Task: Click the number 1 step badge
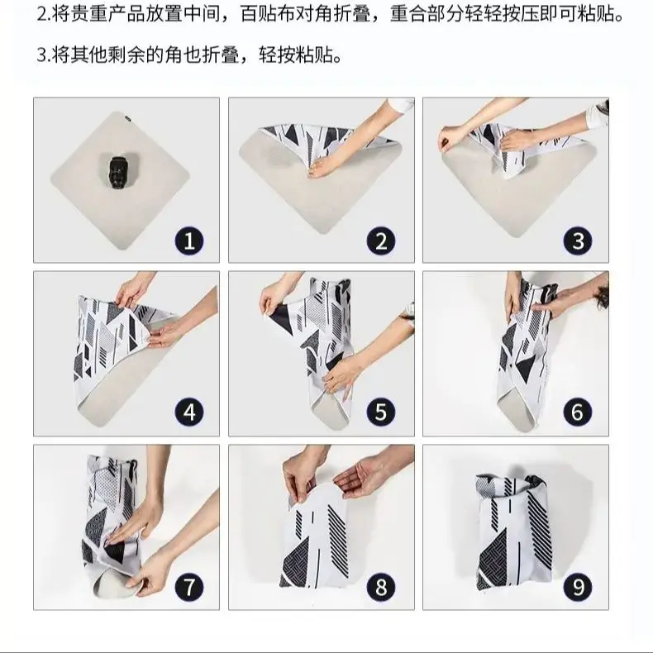[189, 241]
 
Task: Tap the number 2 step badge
[381, 241]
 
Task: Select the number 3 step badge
[578, 241]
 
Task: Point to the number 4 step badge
[189, 412]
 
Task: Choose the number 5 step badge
[381, 412]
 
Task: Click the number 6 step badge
[578, 412]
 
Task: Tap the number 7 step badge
[189, 587]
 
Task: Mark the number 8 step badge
[381, 587]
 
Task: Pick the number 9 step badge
[578, 587]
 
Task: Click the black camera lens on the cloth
[117, 171]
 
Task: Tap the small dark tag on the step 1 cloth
[127, 119]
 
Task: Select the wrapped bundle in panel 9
[512, 531]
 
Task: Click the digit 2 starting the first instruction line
[41, 15]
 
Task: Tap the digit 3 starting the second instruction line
[41, 55]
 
